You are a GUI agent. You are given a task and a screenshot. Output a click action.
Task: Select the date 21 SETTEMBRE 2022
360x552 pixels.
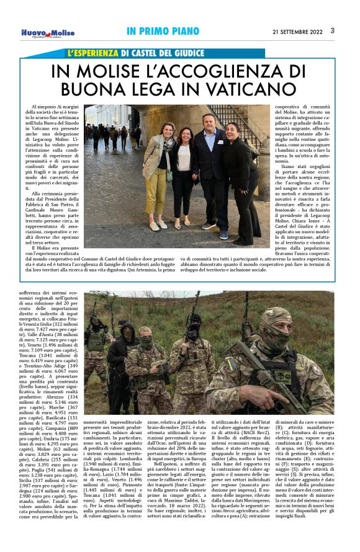click(x=297, y=30)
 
